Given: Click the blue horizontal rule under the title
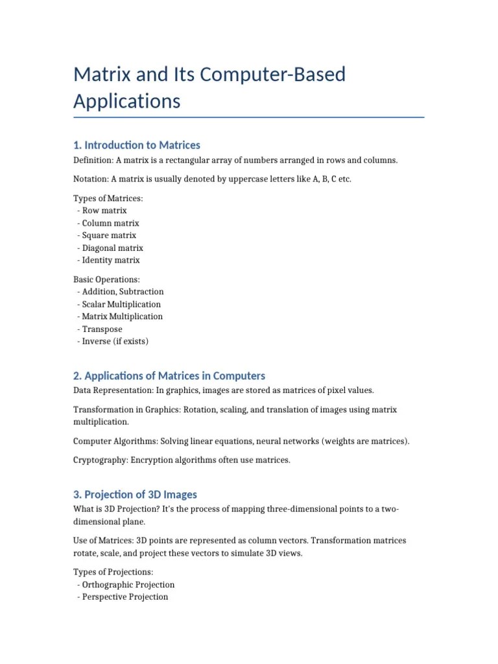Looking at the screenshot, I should coord(249,117).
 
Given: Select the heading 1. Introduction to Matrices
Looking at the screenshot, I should coord(137,145).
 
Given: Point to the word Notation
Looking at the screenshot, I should coord(90,179).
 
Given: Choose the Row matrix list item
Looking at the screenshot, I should coord(104,211).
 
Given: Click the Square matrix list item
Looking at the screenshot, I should coord(109,235).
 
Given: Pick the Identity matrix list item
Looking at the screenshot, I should coord(110,260).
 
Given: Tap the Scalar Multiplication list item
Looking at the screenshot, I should coord(121,304).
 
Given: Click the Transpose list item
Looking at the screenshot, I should coord(102,329).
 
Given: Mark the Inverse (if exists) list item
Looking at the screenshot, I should coord(115,341).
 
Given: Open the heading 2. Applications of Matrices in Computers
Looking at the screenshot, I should coord(169,375).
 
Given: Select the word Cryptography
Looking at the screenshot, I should coord(100,460).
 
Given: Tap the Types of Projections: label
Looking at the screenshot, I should coord(113,572).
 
